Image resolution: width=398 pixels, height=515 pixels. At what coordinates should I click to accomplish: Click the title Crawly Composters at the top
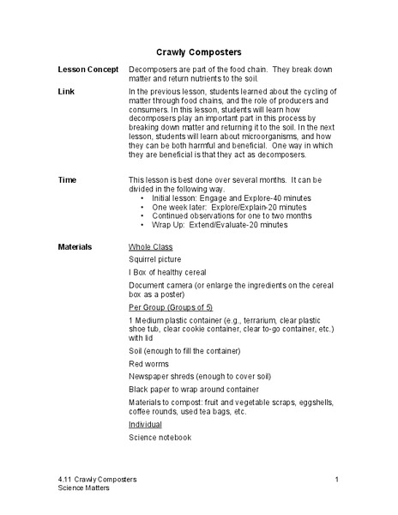pos(199,51)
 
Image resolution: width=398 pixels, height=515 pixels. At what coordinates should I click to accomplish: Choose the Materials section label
pos(75,245)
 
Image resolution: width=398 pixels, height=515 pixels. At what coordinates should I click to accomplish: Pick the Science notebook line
pos(160,437)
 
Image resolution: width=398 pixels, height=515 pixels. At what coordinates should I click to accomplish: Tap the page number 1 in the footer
pos(338,478)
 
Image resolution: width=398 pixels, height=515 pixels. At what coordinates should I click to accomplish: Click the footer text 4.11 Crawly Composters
pos(94,478)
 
